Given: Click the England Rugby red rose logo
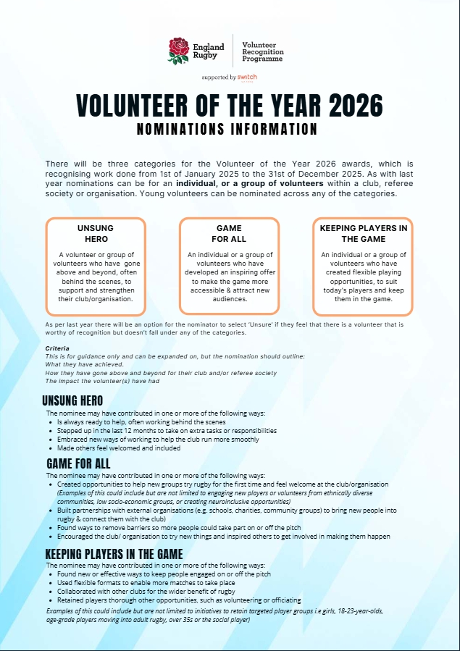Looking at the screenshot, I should pyautogui.click(x=178, y=51).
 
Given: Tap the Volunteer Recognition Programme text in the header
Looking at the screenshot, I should pyautogui.click(x=262, y=51).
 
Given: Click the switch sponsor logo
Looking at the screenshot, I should pyautogui.click(x=246, y=77).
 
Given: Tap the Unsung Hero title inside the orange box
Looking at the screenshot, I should pyautogui.click(x=95, y=233).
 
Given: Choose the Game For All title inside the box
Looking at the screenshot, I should pyautogui.click(x=229, y=233).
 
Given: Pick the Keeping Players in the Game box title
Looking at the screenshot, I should pyautogui.click(x=363, y=233).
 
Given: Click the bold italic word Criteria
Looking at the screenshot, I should pyautogui.click(x=58, y=348).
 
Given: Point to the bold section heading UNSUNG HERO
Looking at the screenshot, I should pyautogui.click(x=72, y=400).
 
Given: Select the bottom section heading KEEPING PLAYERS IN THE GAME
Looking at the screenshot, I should pyautogui.click(x=114, y=554).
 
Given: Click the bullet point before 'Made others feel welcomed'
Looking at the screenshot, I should pyautogui.click(x=51, y=448).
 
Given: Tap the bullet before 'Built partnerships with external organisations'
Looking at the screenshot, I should pyautogui.click(x=51, y=511).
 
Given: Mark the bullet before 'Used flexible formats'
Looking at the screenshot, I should pyautogui.click(x=51, y=583).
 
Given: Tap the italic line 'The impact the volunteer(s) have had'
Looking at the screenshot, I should pyautogui.click(x=102, y=381).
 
